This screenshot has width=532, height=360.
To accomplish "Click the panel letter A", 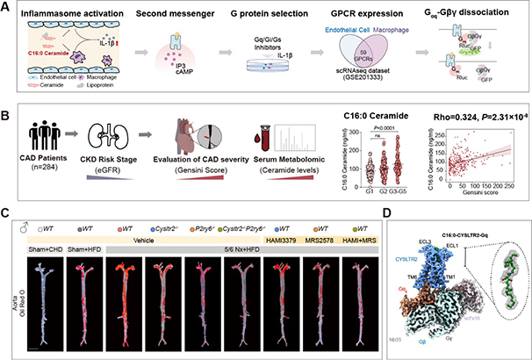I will pos(7,7).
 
